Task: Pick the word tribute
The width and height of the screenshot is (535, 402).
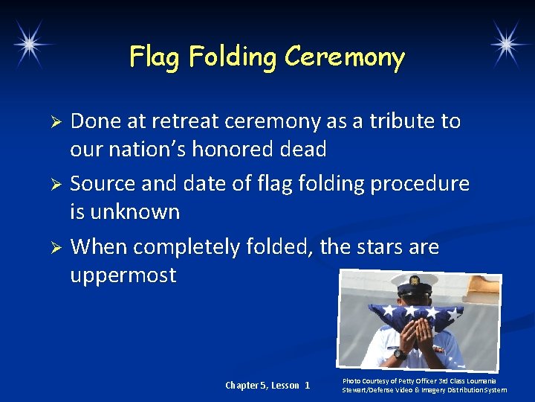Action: pos(394,121)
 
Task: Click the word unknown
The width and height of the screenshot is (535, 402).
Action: pos(135,212)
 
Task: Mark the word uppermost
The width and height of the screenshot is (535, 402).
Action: pos(123,275)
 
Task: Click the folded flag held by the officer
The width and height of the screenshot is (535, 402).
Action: pos(416,316)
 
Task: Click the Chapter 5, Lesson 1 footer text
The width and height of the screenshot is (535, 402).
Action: pos(267,385)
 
